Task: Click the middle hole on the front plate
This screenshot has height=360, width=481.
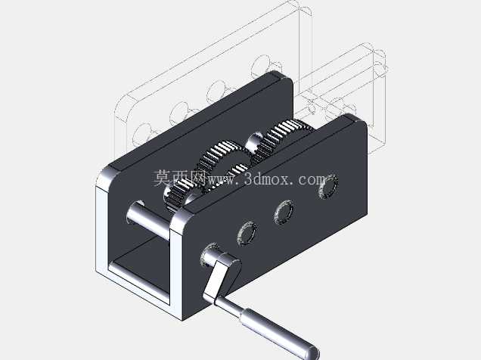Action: (x=284, y=213)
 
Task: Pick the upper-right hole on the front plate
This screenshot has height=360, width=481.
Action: (x=328, y=186)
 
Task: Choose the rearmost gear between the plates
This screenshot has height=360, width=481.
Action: (x=281, y=138)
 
